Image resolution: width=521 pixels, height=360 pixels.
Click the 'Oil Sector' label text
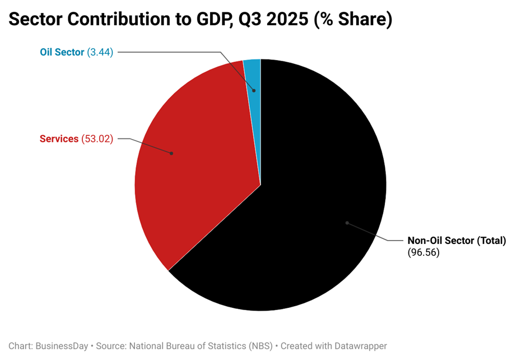click(62, 52)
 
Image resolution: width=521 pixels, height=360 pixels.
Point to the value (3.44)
click(100, 52)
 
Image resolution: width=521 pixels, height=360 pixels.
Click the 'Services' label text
click(59, 139)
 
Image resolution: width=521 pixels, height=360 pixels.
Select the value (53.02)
click(97, 139)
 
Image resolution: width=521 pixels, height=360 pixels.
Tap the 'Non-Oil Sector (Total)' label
click(457, 241)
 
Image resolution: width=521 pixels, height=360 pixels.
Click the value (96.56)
click(424, 253)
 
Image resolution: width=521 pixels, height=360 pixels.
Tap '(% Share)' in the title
click(353, 20)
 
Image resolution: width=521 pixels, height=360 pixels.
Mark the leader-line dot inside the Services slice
click(171, 153)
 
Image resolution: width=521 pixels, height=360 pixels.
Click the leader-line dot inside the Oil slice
click(254, 90)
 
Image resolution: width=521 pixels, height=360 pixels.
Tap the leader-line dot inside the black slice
click(347, 223)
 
